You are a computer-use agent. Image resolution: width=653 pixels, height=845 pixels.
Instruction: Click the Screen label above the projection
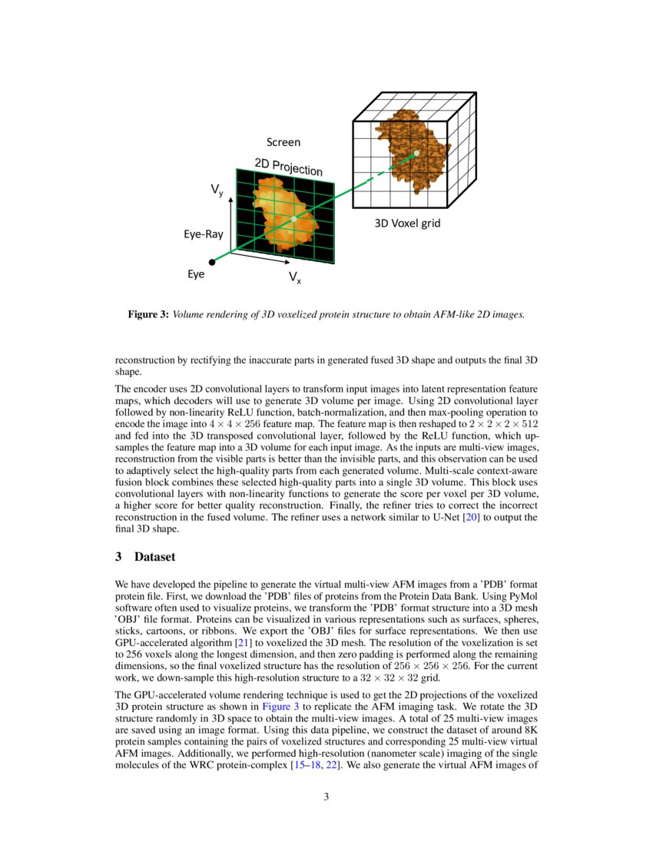coord(283,142)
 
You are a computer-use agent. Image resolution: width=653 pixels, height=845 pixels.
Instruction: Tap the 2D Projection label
coord(288,166)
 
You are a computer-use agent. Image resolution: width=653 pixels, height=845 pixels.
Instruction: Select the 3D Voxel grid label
coord(407,224)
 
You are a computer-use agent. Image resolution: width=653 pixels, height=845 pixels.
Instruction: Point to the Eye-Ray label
coord(203,234)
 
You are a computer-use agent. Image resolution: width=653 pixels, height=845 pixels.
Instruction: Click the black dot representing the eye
coord(212,262)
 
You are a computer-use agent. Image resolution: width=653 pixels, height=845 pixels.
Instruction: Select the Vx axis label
coord(295,277)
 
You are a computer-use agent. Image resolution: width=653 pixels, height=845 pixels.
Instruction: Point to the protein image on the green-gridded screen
coord(284,215)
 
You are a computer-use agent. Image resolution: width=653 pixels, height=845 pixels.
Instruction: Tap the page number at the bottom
coord(326,797)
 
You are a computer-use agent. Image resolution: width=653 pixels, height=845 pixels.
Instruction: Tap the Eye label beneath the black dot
coord(196,274)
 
